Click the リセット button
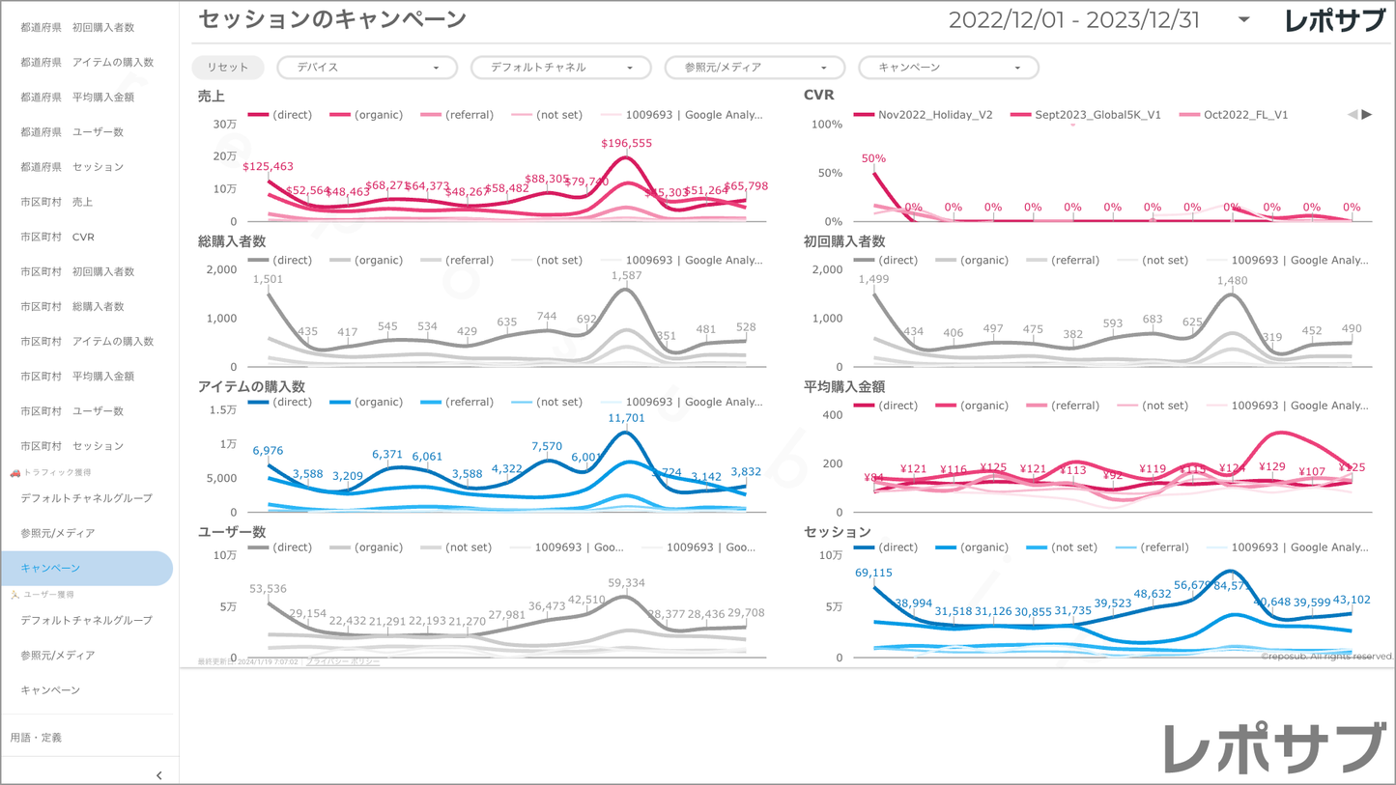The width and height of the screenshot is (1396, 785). (x=227, y=68)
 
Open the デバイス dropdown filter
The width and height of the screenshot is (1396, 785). (x=367, y=68)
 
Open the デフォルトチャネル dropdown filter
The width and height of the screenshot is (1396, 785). (x=560, y=68)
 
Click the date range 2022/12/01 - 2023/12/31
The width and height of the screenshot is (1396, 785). (x=1073, y=20)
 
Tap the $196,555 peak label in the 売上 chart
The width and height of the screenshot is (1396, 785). (x=626, y=143)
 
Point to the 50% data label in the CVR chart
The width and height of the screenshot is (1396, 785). (x=873, y=158)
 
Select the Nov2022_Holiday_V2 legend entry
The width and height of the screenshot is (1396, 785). (x=934, y=115)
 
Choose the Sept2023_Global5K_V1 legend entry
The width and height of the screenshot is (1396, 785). (x=1097, y=115)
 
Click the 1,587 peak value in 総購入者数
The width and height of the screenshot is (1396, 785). (x=626, y=276)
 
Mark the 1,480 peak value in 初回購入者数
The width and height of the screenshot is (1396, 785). (x=1232, y=281)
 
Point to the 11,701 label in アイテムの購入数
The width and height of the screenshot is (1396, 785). (x=626, y=418)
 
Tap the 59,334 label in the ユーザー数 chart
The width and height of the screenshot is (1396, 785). (x=626, y=583)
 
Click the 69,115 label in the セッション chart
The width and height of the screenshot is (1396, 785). (x=873, y=573)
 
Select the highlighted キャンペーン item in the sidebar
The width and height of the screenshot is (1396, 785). (x=50, y=568)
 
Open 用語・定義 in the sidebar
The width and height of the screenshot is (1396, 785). (x=36, y=738)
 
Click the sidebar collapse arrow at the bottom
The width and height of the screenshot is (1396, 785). (x=159, y=775)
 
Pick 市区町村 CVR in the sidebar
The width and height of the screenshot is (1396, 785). (x=57, y=237)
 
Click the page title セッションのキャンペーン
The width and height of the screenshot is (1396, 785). (x=331, y=19)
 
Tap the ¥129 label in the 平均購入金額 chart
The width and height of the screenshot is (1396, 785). (x=1272, y=467)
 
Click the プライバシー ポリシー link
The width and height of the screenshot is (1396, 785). (x=343, y=661)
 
